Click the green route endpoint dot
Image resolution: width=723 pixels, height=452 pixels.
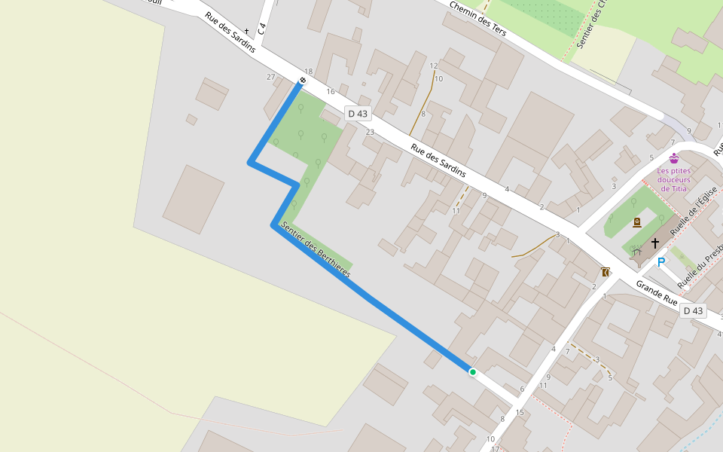(473, 372)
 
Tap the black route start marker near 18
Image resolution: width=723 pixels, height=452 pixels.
(303, 81)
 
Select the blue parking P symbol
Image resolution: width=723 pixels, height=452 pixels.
(661, 262)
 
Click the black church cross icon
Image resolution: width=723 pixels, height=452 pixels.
(655, 243)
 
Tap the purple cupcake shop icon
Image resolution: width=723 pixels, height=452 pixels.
(674, 158)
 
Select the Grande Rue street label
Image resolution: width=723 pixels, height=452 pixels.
(657, 292)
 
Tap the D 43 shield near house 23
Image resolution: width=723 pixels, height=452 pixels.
(358, 114)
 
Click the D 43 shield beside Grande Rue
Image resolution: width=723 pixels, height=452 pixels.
(693, 311)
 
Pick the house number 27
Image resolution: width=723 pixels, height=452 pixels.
(271, 77)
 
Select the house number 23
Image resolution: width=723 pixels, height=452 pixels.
(370, 132)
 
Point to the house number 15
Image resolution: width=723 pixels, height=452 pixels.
(520, 412)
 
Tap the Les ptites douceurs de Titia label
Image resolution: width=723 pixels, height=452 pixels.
(673, 179)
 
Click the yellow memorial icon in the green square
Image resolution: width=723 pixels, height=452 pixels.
(637, 222)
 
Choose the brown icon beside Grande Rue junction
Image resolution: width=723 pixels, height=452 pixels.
(605, 272)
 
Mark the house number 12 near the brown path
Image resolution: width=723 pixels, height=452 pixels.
(434, 66)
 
